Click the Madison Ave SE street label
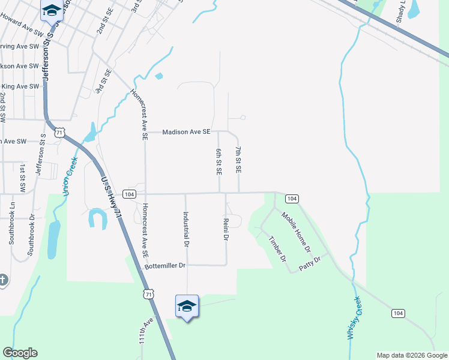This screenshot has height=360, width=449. coord(187,131)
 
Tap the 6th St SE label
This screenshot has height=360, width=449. coord(219,161)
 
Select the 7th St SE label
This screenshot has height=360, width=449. coord(238,160)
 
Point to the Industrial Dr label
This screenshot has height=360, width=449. coord(186,230)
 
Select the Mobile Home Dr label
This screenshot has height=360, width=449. coord(296,233)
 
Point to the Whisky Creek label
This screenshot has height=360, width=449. coord(354,318)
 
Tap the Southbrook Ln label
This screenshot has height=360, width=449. coord(11,222)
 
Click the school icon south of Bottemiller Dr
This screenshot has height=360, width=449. coord(187,306)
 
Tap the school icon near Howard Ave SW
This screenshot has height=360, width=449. coord(52,10)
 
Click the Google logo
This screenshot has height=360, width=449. coord(20,353)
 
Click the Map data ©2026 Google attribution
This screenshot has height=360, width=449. coord(411,355)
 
